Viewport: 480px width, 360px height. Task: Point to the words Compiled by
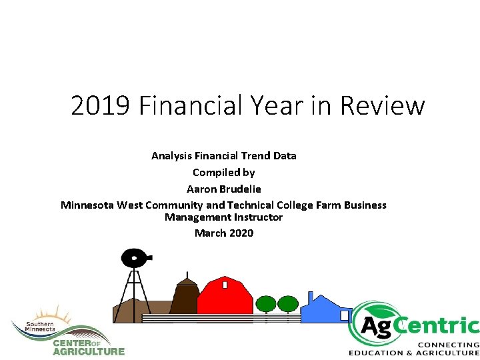coord(224,172)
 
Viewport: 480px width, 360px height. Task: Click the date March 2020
coord(224,233)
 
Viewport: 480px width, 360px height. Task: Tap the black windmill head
coord(135,257)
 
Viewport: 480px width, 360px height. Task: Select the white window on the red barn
coord(225,285)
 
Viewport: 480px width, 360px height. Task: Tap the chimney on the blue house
coord(311,297)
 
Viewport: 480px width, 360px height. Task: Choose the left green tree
coord(266,304)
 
